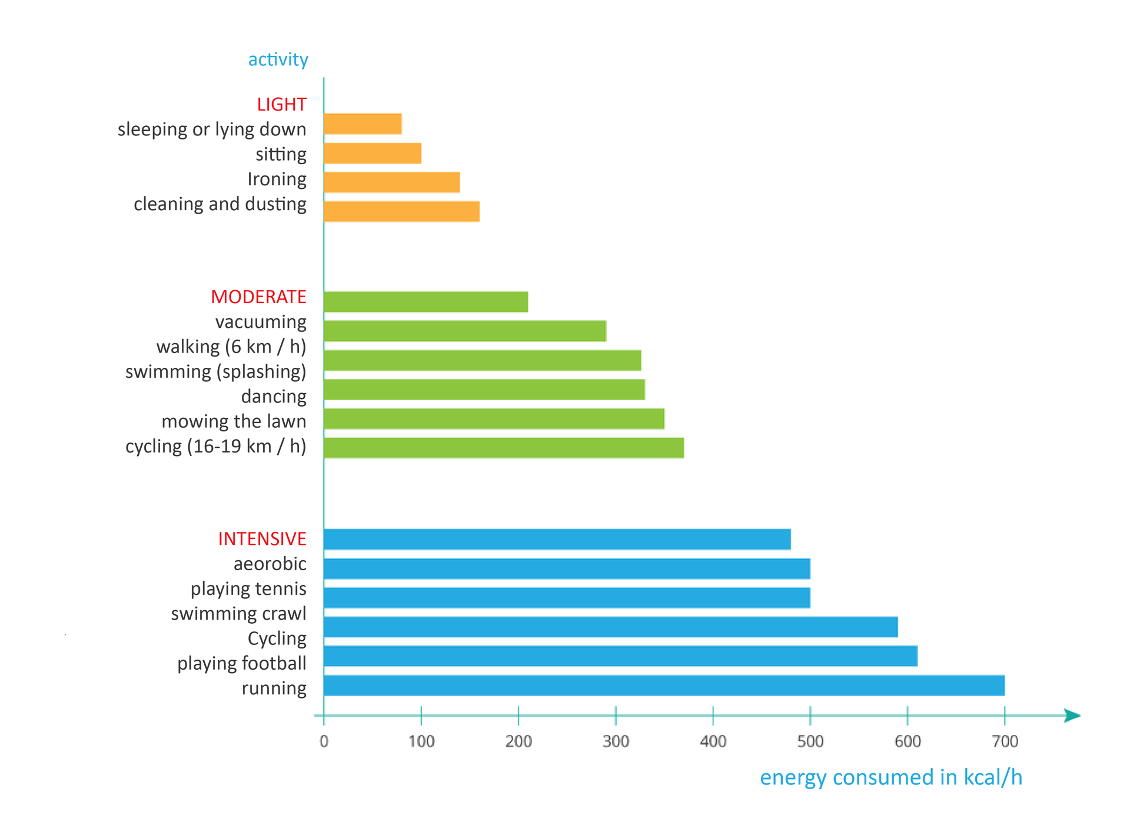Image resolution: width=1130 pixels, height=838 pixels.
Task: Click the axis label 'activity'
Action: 278,59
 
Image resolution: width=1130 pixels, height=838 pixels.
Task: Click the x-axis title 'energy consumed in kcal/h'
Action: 890,777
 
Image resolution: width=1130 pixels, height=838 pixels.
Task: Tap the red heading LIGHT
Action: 281,104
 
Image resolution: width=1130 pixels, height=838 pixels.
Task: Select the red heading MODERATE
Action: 258,297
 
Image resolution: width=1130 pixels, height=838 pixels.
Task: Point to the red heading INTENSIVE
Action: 262,538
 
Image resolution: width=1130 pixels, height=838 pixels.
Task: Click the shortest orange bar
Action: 363,124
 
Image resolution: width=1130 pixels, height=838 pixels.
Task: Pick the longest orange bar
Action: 401,211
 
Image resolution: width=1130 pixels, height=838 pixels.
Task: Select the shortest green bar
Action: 426,302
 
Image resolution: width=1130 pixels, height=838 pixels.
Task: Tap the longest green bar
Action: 503,448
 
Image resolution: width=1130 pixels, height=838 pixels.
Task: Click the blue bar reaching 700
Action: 664,686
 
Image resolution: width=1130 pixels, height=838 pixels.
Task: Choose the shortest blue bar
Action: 557,539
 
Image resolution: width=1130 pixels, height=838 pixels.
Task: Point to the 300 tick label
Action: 616,741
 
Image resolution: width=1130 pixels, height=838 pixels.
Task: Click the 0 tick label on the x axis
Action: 324,741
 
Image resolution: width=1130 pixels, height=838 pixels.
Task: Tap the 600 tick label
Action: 908,741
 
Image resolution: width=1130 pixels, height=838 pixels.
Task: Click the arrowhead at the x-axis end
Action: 1072,716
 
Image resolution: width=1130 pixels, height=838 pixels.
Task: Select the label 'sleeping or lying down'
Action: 212,129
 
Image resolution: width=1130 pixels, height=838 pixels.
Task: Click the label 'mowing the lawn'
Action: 234,421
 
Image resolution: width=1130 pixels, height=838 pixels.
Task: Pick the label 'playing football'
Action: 241,663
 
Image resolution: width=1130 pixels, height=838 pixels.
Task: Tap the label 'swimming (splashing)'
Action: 215,371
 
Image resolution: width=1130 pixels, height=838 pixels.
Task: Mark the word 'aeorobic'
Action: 270,564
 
